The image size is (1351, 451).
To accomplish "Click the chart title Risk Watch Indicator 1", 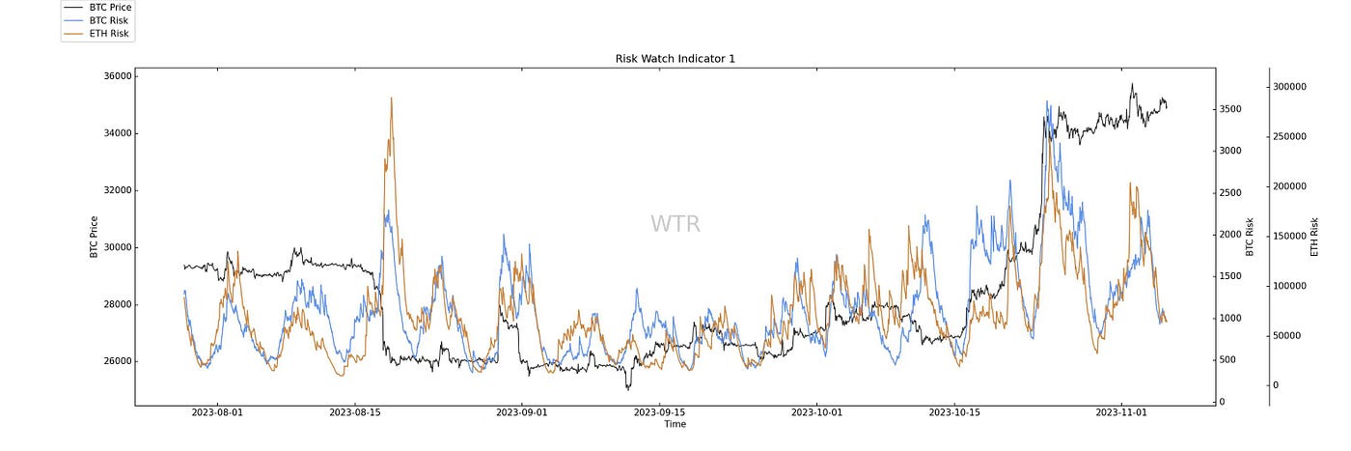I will click(675, 59).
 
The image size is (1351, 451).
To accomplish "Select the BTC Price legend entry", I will click(108, 6).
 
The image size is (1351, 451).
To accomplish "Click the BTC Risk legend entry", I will click(107, 19).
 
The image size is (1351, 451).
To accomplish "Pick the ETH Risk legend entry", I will click(107, 34).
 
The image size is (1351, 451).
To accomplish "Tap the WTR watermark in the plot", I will click(675, 224).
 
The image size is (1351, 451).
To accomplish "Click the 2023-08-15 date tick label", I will click(355, 413).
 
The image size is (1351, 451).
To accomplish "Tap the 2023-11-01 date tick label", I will click(1122, 413).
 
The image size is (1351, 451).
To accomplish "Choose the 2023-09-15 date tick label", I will click(659, 413).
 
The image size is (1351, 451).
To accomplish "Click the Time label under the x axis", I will click(675, 424).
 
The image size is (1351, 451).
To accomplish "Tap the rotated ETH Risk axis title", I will click(1314, 237).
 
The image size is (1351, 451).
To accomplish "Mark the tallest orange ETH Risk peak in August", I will click(391, 98).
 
